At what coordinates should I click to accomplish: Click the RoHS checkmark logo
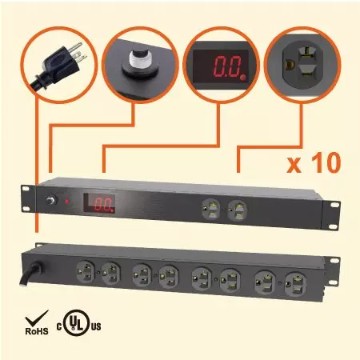pos(37,322)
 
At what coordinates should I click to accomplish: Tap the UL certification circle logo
pos(77,322)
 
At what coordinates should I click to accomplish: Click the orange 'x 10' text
pos(314,162)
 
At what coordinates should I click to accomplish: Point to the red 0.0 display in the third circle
pos(228,66)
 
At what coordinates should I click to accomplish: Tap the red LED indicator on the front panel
pos(67,202)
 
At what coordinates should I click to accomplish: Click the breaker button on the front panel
pos(51,200)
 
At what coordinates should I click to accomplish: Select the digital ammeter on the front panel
pos(99,203)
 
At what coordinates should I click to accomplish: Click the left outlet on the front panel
pos(210,209)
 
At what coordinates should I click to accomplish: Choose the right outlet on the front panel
pos(238,210)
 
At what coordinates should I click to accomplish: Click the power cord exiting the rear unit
pos(31,273)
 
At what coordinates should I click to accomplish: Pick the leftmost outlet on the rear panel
pos(86,271)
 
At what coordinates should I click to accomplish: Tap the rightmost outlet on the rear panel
pos(295,283)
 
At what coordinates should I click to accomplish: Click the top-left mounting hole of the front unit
pos(26,189)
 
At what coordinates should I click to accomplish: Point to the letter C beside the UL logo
pos(59,326)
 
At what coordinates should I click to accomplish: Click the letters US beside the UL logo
pos(96,326)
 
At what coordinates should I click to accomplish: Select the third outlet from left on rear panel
pos(142,274)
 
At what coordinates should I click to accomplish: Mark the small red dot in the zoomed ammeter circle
pos(242,78)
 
